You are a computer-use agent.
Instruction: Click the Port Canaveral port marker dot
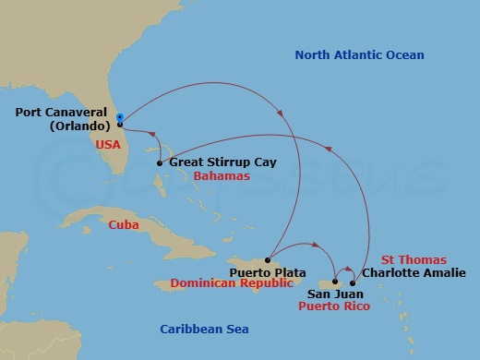coord(121,125)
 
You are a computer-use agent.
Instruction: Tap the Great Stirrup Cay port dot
coord(160,163)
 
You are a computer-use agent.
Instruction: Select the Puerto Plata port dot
coord(267,259)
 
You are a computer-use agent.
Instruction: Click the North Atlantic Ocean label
coord(359,55)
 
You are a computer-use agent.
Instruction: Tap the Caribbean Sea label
coord(204,329)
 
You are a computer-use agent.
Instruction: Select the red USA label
coord(109,145)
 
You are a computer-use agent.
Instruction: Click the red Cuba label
coord(124,224)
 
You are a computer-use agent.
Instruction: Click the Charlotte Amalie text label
coord(407,272)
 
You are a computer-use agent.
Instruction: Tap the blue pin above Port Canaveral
coord(120,116)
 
